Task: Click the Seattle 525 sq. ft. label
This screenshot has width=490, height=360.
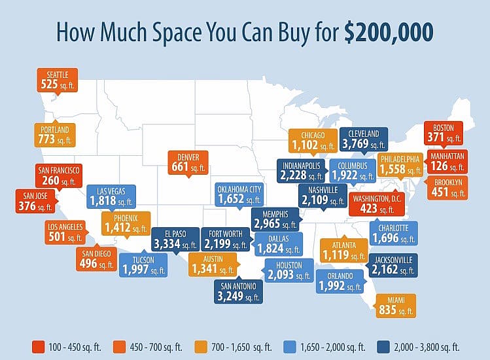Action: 57,80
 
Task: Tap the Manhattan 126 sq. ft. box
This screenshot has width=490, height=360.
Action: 447,162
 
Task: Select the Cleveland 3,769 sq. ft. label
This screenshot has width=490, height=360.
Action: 364,139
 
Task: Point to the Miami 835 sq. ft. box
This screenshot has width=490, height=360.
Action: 396,306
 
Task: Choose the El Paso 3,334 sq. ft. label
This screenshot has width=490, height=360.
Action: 175,240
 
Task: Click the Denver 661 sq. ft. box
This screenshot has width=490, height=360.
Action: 188,162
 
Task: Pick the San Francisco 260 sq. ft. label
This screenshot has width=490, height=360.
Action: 59,176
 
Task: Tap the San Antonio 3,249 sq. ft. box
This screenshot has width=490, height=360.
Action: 238,291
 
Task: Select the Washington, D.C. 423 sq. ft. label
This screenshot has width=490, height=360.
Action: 377,204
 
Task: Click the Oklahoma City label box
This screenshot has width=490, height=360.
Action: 239,194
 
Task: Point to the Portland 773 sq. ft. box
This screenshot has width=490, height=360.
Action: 55,135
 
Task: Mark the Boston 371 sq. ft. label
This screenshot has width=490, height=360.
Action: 444,134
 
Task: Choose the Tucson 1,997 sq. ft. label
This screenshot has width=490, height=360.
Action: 143,265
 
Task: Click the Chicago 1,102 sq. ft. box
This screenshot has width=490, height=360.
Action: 313,141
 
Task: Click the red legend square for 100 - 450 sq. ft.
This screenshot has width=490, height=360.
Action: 38,347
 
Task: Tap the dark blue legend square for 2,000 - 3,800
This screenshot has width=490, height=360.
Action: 383,347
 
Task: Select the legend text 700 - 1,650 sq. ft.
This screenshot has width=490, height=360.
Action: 241,347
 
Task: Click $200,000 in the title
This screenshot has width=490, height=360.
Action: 389,32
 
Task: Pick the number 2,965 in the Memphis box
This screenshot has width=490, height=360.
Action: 267,224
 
